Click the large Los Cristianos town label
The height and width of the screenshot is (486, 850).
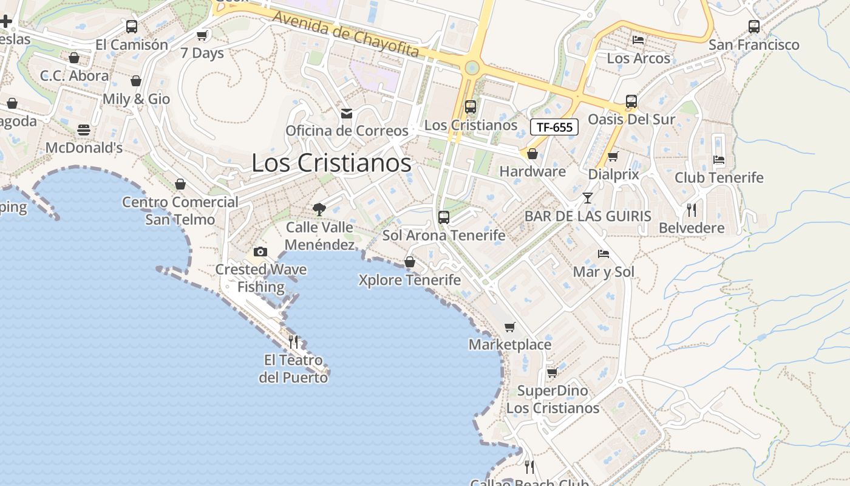coord(331,163)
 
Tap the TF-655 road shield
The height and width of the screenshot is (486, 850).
coord(554,127)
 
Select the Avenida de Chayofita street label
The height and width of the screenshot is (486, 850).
coord(346,34)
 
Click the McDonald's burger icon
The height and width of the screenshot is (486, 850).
coord(84,130)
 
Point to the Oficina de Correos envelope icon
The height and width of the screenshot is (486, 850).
coord(347,113)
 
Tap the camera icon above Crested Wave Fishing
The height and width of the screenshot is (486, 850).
coord(260,252)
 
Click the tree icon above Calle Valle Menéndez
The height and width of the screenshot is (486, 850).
coord(319,210)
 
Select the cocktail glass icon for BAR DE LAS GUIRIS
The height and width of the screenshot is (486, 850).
coord(587,198)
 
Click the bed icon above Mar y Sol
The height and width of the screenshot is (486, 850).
coord(603,253)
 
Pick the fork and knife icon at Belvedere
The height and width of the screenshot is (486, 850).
coord(692,210)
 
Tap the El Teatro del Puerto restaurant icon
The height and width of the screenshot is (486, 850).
coord(293,342)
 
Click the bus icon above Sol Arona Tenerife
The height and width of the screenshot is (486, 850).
coord(444,217)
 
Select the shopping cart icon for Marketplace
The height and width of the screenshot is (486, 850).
coord(510,327)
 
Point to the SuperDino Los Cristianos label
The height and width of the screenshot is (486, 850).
coord(552,399)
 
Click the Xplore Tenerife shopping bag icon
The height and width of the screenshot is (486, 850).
coord(410,262)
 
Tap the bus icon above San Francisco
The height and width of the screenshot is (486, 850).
coord(753,26)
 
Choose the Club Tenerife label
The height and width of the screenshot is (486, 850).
coord(719,177)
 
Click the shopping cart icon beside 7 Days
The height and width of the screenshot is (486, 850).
coord(202,35)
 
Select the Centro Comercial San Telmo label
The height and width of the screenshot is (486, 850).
coord(180,210)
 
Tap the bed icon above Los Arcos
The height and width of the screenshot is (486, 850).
coord(638,40)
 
